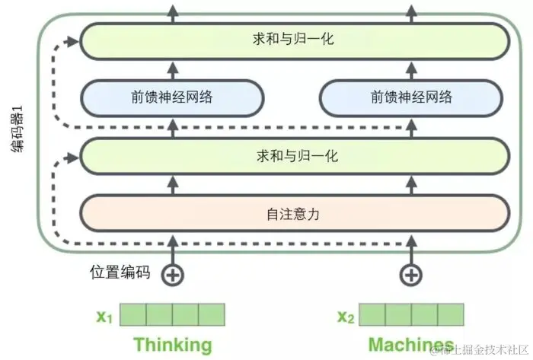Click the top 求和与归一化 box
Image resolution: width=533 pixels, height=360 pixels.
pos(295,40)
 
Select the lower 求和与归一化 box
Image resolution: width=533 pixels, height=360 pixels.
pos(295,156)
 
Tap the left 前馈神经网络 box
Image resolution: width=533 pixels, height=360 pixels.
pos(172,97)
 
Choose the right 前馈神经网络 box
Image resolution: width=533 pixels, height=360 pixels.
pos(411,97)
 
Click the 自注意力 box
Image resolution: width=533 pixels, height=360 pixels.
pos(295,214)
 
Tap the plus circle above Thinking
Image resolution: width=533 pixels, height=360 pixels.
pos(174,275)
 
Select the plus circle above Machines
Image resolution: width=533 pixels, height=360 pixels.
pos(411,275)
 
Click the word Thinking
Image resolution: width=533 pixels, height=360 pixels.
pos(173,343)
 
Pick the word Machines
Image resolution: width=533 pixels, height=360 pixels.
pos(411,343)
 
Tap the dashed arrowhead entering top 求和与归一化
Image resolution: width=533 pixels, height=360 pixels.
pos(75,39)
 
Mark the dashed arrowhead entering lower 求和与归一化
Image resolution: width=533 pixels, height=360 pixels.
pos(75,157)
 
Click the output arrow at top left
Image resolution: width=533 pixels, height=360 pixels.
pos(174,10)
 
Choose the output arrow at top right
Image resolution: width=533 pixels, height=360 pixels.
pos(411,10)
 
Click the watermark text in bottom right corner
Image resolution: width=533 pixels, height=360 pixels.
pos(480,349)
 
